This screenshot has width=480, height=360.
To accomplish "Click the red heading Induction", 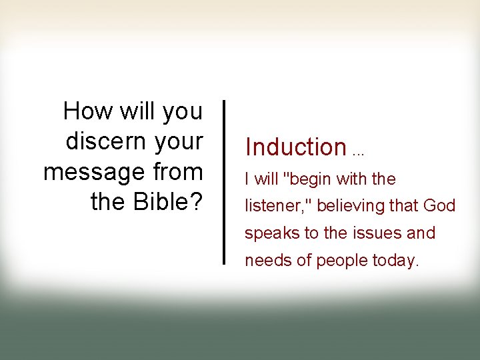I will [295, 147].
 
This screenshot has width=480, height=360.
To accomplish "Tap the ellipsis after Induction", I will [358, 152].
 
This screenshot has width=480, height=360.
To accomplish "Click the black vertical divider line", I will [223, 183].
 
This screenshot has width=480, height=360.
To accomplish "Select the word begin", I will [312, 179].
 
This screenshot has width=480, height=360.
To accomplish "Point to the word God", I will [439, 206].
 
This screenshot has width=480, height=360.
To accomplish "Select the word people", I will [339, 261].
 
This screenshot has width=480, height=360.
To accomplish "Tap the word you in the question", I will [182, 112].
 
